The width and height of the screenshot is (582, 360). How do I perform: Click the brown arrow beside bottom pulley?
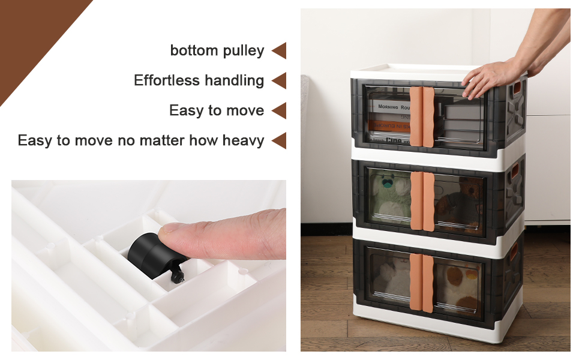click(279, 51)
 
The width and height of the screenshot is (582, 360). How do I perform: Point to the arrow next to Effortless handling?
click(279, 81)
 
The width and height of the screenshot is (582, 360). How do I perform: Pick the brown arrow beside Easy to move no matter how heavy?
click(279, 141)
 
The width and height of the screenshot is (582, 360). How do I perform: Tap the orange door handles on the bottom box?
click(422, 282)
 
